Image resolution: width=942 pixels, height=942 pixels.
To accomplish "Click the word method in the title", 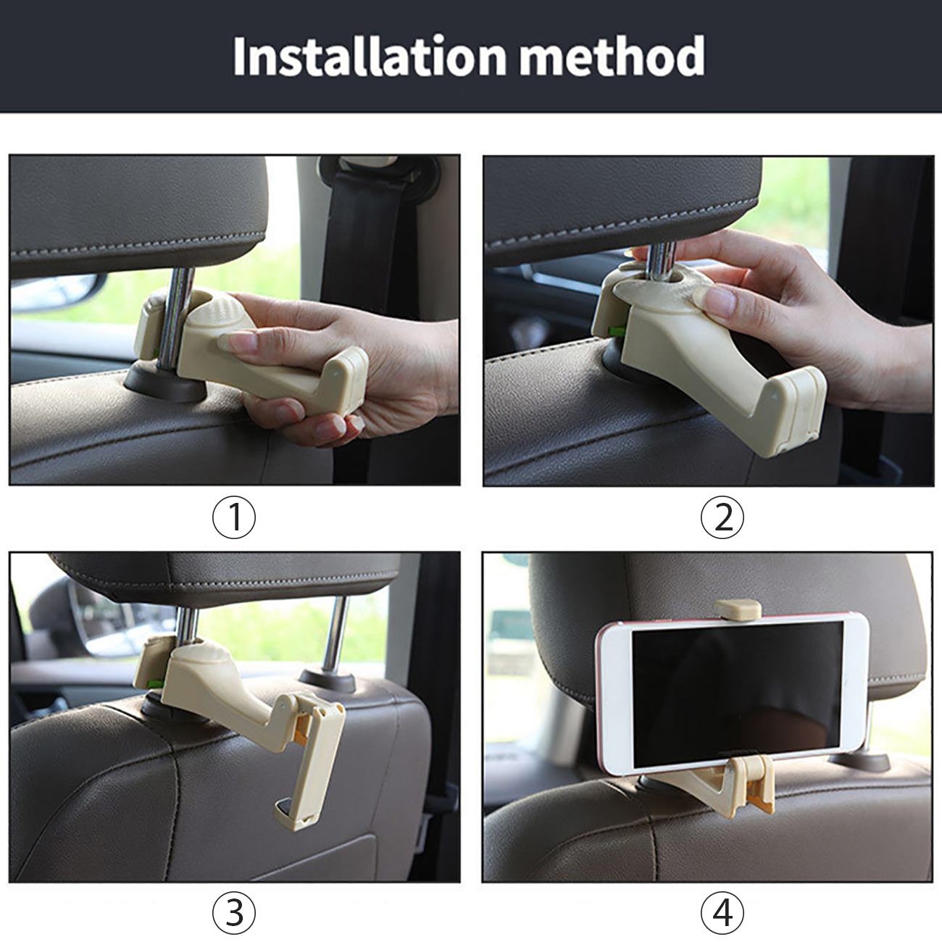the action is click(x=612, y=57).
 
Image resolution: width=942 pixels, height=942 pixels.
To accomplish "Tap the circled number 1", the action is click(x=233, y=517).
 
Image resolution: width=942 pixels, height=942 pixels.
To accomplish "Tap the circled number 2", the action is click(x=722, y=517).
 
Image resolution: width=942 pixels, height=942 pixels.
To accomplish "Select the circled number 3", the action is click(x=233, y=912).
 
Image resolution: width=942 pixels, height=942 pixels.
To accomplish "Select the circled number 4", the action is click(x=722, y=912).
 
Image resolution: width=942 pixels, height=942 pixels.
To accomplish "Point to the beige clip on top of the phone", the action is click(x=738, y=609).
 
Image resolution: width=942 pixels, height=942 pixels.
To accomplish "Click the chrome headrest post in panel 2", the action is click(x=661, y=262).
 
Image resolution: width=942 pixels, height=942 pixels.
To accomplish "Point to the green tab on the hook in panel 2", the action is click(x=616, y=331).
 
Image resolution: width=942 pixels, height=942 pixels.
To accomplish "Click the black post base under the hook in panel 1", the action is click(x=165, y=384).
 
